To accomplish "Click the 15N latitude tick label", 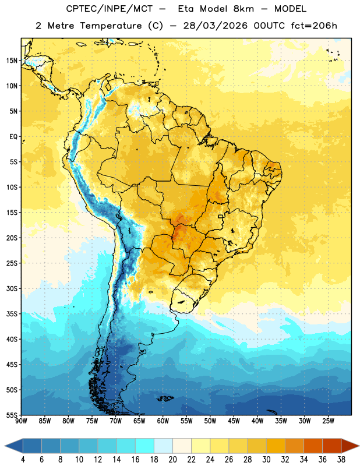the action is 12,61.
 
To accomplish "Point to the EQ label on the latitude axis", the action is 13,137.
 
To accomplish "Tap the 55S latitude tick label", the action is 12,415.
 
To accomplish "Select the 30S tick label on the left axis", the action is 12,288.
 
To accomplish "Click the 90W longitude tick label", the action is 21,421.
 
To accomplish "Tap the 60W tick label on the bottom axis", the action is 163,421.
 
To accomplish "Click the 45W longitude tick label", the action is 234,421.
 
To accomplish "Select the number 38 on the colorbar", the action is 341,460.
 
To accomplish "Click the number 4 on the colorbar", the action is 23,460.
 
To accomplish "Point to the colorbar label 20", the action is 172,460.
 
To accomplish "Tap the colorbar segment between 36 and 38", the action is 332,446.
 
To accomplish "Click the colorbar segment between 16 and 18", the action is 144,446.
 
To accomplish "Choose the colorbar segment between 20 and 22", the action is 182,446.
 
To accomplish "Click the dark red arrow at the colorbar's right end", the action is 350,446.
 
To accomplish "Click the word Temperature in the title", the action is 111,26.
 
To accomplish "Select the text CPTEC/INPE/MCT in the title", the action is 110,9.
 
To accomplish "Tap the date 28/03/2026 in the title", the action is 215,26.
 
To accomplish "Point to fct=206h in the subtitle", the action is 314,26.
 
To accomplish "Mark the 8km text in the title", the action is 243,9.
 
